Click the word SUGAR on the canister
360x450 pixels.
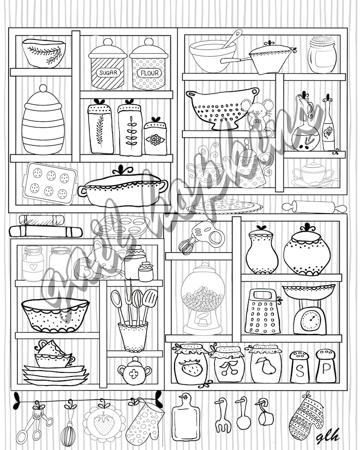107,73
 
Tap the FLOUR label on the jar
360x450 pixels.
147,73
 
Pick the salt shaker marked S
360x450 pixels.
299,370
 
